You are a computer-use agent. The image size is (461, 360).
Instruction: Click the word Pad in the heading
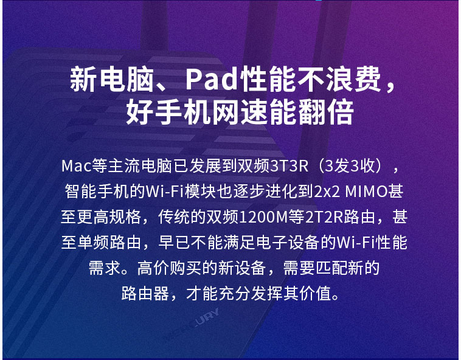(212, 79)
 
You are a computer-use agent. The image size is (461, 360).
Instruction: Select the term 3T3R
(289, 166)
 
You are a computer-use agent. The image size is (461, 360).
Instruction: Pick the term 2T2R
(324, 218)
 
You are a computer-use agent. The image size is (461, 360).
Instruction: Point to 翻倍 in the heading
(325, 112)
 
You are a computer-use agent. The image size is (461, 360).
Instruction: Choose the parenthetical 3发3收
(350, 166)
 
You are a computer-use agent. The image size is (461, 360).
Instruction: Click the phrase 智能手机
(97, 192)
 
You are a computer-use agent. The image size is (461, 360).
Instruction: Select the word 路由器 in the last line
(145, 293)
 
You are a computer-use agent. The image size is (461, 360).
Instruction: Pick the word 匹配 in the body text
(331, 268)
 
